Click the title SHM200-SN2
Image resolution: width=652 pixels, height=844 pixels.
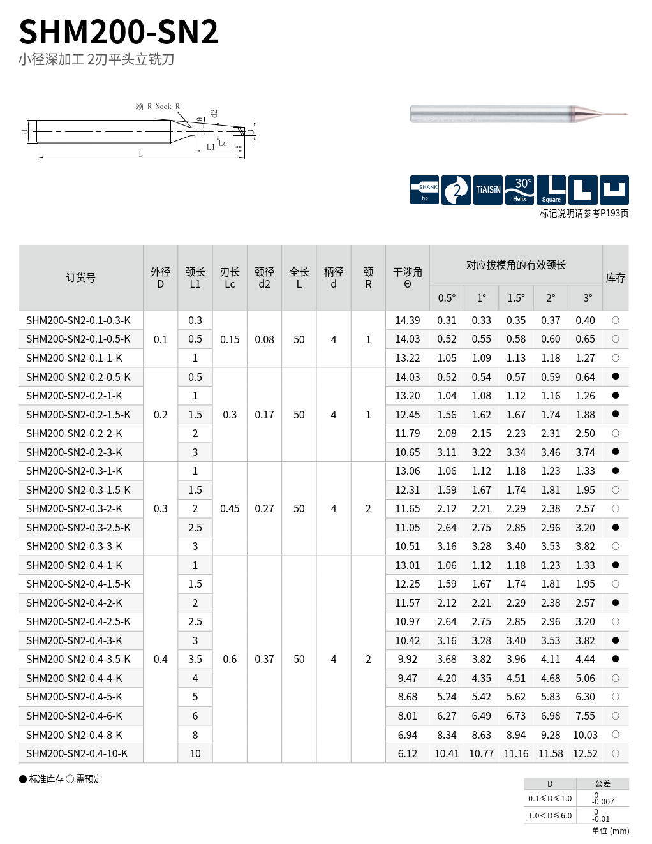click(x=119, y=32)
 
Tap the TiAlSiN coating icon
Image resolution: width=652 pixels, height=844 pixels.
click(x=488, y=190)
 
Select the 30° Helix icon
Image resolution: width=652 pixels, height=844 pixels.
click(x=519, y=190)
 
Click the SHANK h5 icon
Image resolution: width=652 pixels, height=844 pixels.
click(x=424, y=190)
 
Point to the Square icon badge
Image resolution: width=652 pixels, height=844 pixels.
click(x=551, y=190)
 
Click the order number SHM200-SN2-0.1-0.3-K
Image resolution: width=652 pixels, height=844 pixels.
click(x=78, y=320)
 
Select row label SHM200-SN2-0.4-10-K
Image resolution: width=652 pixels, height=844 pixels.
click(x=77, y=753)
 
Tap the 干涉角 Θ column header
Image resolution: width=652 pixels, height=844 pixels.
click(x=408, y=278)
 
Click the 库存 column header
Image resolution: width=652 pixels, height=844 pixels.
click(x=616, y=278)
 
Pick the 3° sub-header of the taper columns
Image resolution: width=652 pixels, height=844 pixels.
click(x=588, y=298)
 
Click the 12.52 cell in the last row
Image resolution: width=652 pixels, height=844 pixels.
click(x=585, y=753)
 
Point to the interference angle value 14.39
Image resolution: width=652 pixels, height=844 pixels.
click(x=408, y=320)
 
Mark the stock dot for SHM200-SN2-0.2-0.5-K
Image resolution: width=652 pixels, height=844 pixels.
click(x=616, y=376)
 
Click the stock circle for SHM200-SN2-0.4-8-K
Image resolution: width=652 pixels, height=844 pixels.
click(x=616, y=734)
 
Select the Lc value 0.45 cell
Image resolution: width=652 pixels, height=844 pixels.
click(x=230, y=508)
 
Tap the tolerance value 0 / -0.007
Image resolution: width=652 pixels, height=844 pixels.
click(x=602, y=799)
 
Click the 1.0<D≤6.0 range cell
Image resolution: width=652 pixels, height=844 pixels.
click(x=550, y=815)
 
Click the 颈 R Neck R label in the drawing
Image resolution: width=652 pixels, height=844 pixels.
click(x=158, y=107)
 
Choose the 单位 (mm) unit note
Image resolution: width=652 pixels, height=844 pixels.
click(x=610, y=831)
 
